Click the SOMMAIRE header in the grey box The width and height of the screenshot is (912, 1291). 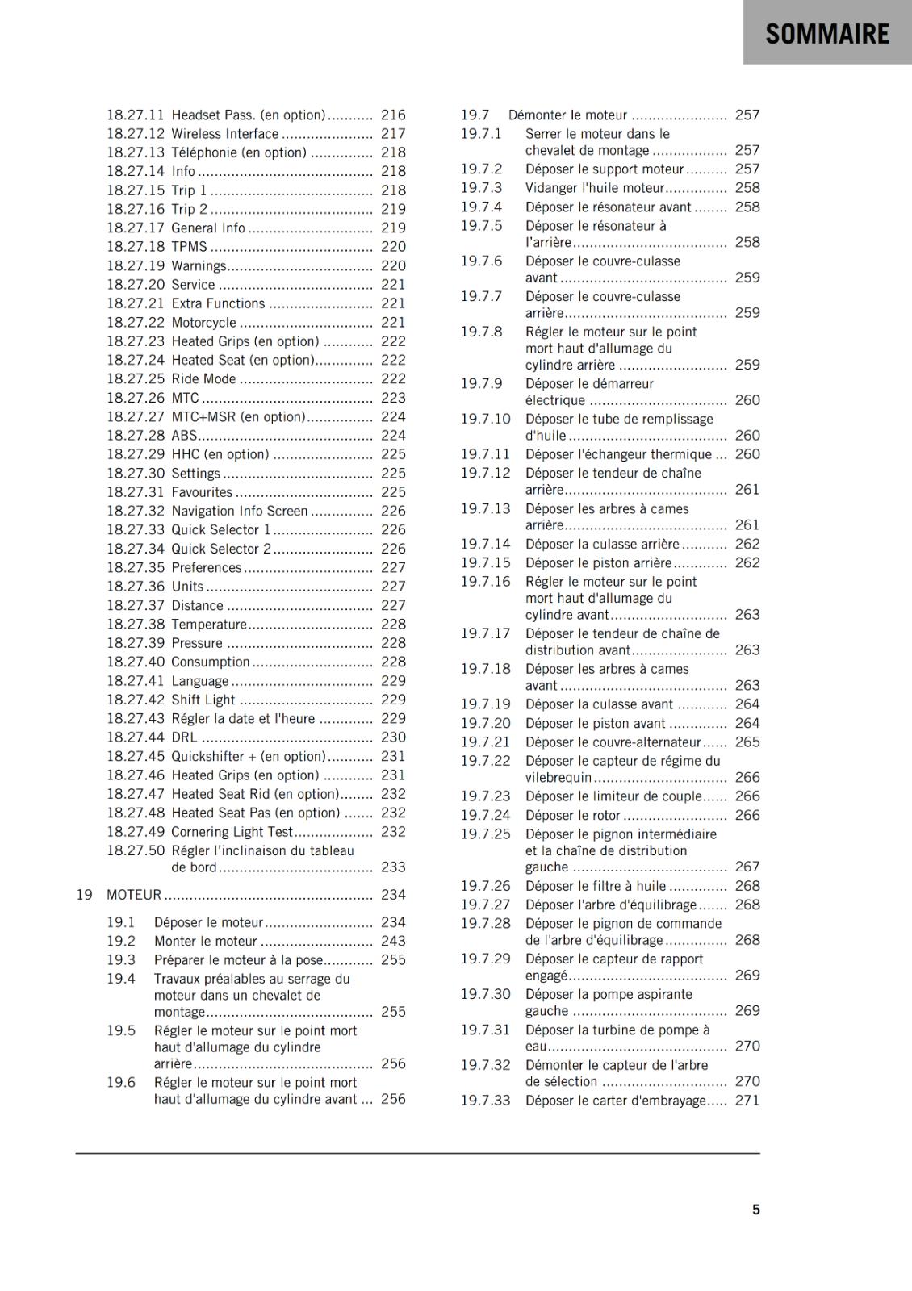click(x=827, y=34)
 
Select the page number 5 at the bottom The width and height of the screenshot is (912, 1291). click(x=756, y=1210)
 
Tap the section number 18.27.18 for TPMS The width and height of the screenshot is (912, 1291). click(x=136, y=247)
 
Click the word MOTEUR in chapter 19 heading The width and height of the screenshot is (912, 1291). click(x=134, y=895)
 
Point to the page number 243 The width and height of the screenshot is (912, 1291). click(x=393, y=941)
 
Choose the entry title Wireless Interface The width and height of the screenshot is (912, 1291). click(x=224, y=134)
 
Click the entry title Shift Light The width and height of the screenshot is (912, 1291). click(x=203, y=700)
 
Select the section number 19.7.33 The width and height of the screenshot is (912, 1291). click(x=486, y=1101)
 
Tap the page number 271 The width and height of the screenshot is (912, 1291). click(x=747, y=1101)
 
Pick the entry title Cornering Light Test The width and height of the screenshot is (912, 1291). click(x=232, y=832)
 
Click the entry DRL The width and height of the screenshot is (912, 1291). click(x=184, y=737)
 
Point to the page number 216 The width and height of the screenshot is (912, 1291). click(x=393, y=115)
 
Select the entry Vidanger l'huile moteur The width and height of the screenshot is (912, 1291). click(x=595, y=188)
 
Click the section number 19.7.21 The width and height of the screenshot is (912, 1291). click(x=486, y=742)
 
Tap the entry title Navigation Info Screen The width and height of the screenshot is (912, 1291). click(x=239, y=511)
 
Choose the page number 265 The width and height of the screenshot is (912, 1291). click(x=747, y=742)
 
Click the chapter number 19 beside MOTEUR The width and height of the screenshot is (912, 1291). click(x=84, y=895)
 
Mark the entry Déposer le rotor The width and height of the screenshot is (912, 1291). click(x=573, y=815)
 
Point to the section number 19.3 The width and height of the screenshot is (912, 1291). click(x=121, y=960)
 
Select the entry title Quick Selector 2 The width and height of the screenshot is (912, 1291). click(x=221, y=549)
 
